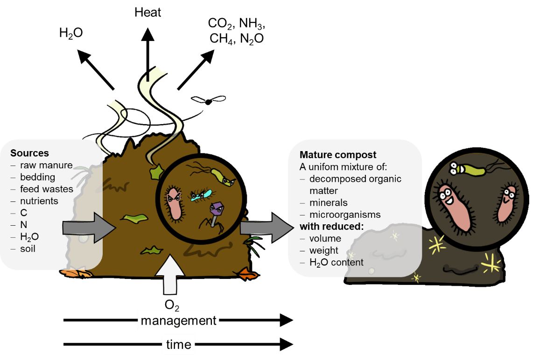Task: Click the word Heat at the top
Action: point(147,12)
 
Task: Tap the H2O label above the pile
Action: point(71,34)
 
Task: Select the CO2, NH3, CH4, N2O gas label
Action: point(237,31)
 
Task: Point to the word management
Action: point(178,320)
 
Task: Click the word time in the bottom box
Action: point(178,345)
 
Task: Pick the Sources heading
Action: point(29,153)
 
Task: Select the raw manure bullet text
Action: point(46,165)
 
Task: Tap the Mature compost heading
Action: point(338,155)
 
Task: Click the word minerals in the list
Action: point(328,203)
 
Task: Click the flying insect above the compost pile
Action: point(205,100)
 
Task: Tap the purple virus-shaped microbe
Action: point(216,210)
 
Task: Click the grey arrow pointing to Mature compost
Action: point(264,227)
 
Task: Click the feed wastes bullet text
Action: point(46,189)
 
